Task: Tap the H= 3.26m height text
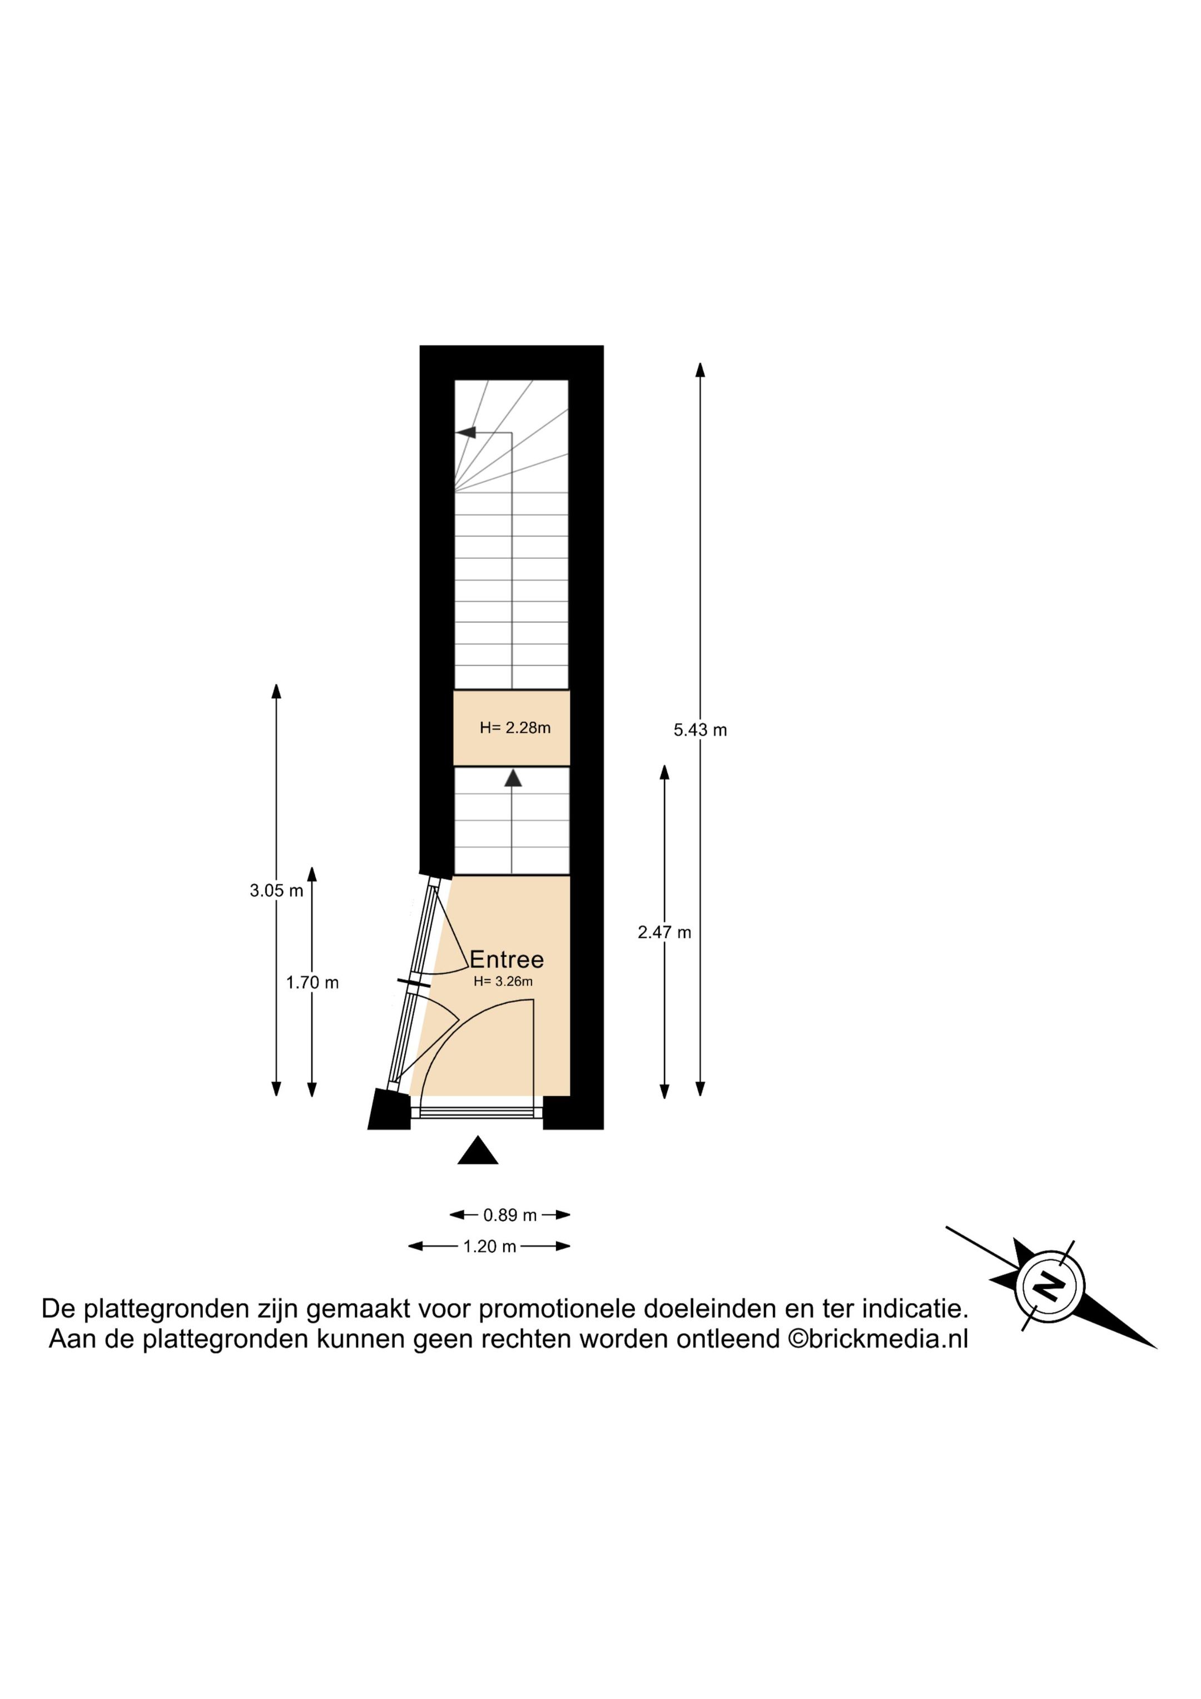(x=503, y=982)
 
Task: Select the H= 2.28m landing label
(x=515, y=727)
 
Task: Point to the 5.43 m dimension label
(x=700, y=730)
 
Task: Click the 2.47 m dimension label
(x=664, y=933)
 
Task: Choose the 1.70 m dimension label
(x=312, y=983)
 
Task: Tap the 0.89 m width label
(x=510, y=1215)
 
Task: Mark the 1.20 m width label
(x=489, y=1247)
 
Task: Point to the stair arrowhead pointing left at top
(x=465, y=432)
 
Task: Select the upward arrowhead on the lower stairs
(x=512, y=779)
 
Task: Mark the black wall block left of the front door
(x=389, y=1109)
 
